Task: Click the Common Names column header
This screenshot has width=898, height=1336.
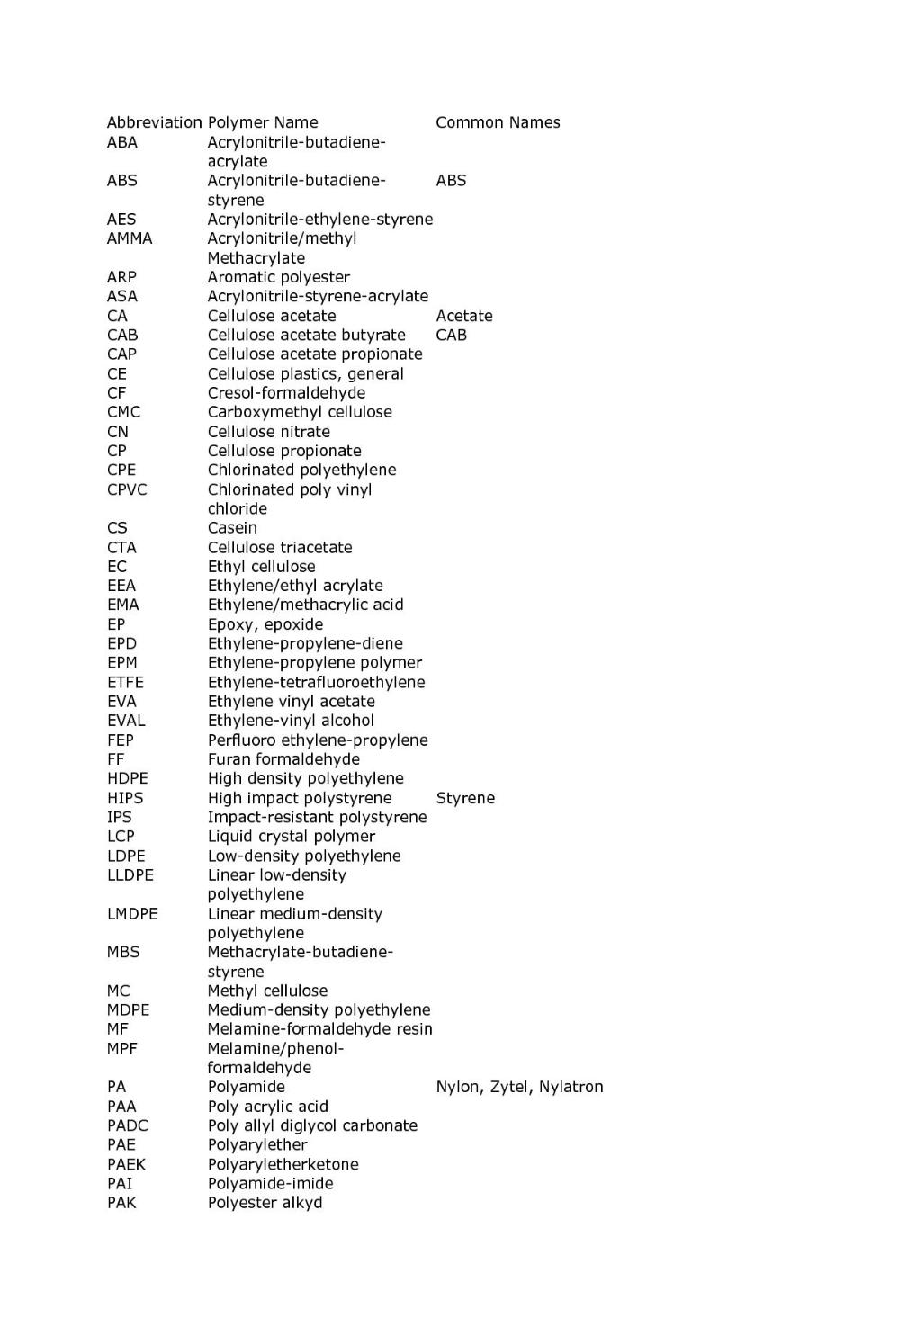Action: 498,122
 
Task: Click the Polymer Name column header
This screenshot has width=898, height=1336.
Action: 263,122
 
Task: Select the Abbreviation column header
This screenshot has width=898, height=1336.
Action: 154,122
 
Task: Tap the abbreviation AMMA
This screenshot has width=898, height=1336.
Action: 130,238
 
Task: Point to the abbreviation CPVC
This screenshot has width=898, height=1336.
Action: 127,489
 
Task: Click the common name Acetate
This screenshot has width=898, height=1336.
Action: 464,316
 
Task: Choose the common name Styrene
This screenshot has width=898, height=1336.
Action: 465,798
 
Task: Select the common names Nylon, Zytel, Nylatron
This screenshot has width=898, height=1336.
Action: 519,1087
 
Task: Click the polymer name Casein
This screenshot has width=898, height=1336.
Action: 232,528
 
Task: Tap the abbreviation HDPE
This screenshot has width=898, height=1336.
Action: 127,778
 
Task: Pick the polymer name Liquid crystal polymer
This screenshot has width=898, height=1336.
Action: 292,837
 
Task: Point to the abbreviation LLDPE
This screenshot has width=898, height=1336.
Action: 130,875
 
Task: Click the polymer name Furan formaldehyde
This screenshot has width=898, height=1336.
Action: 283,759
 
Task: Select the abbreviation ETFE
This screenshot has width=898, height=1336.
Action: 125,682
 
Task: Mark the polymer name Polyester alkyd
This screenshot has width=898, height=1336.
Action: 265,1203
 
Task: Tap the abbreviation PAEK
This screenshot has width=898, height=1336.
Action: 126,1164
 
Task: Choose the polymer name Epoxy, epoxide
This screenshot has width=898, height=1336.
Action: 265,624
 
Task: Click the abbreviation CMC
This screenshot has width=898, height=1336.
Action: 123,412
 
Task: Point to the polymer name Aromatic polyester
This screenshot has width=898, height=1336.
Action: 279,277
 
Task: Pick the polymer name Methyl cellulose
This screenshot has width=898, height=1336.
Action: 267,991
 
